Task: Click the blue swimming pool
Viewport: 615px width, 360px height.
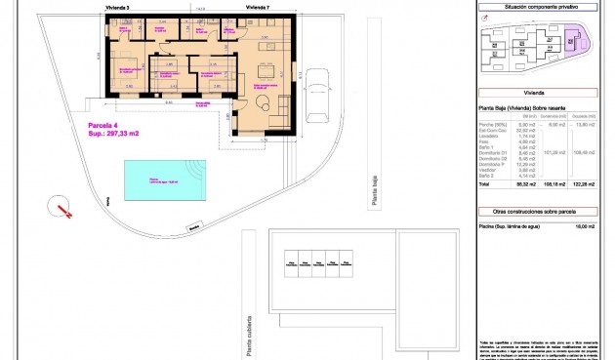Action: (161, 180)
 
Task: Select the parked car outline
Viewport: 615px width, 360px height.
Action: (317, 95)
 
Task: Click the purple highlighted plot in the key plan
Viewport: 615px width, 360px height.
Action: (571, 40)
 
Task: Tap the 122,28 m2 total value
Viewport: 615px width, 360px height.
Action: (585, 183)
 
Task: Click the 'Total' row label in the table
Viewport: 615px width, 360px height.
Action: (485, 183)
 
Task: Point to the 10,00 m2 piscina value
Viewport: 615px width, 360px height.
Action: (585, 225)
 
